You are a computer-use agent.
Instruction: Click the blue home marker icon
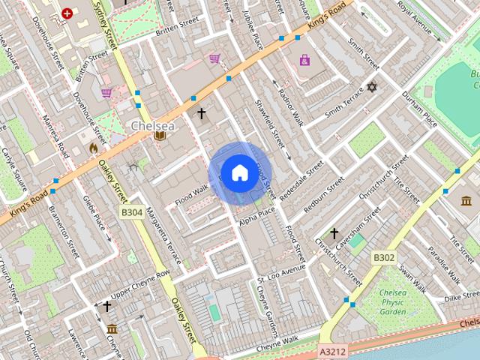(x=239, y=173)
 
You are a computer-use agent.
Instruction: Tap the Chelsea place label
(x=152, y=126)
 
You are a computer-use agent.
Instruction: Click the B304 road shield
(x=131, y=213)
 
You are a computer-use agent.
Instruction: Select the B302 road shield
(x=384, y=258)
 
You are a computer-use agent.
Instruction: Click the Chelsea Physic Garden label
(x=393, y=301)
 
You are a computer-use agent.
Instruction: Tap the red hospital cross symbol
(x=68, y=13)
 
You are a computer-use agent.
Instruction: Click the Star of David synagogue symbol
(x=370, y=88)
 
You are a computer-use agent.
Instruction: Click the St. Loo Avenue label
(x=281, y=271)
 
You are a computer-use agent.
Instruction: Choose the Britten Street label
(x=176, y=27)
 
